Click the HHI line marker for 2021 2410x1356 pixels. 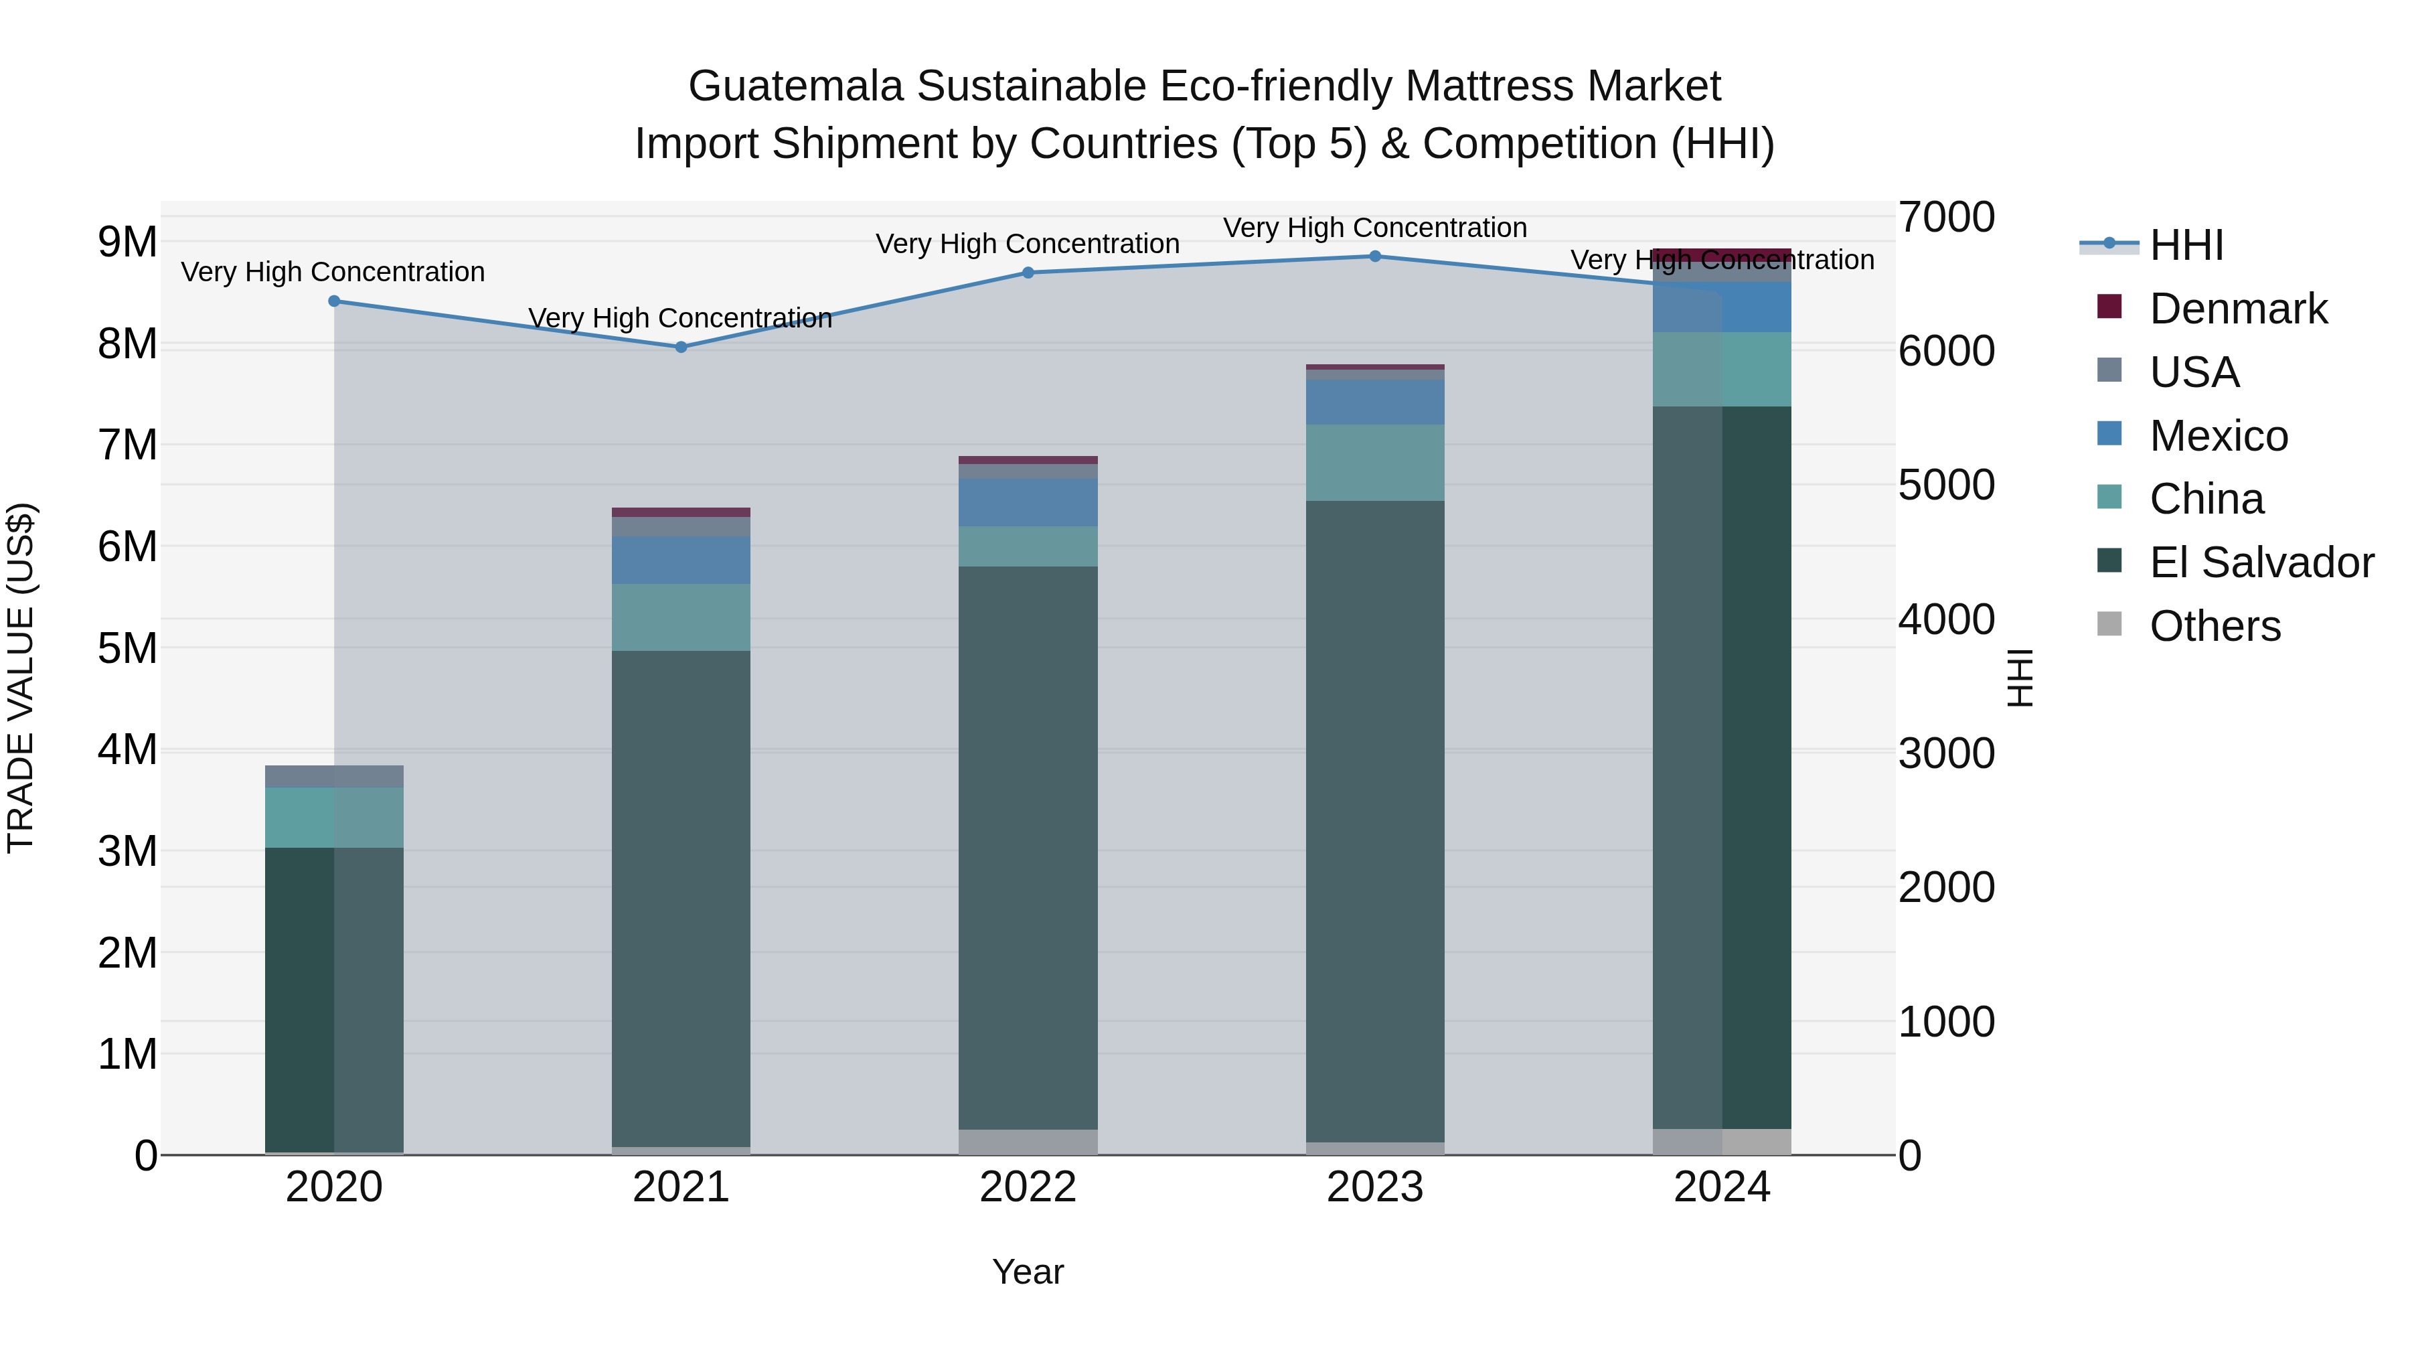pyautogui.click(x=681, y=347)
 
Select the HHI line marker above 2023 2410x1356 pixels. pyautogui.click(x=1375, y=256)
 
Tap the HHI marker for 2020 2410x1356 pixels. pyautogui.click(x=334, y=301)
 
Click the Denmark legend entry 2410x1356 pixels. pyautogui.click(x=2238, y=309)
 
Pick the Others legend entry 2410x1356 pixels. pyautogui.click(x=2215, y=626)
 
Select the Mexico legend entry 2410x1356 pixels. pyautogui.click(x=2219, y=436)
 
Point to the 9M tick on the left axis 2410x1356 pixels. pyautogui.click(x=127, y=242)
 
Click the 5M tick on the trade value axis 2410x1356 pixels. pyautogui.click(x=127, y=648)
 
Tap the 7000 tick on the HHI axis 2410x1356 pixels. pyautogui.click(x=1946, y=217)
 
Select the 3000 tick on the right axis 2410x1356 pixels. pyautogui.click(x=1946, y=753)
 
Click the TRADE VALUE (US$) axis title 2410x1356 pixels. pyautogui.click(x=21, y=678)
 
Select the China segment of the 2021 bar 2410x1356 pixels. pyautogui.click(x=681, y=617)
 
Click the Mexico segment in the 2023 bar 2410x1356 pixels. pyautogui.click(x=1375, y=402)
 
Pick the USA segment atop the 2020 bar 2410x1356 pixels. pyautogui.click(x=334, y=776)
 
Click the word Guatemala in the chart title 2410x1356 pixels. pyautogui.click(x=795, y=86)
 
